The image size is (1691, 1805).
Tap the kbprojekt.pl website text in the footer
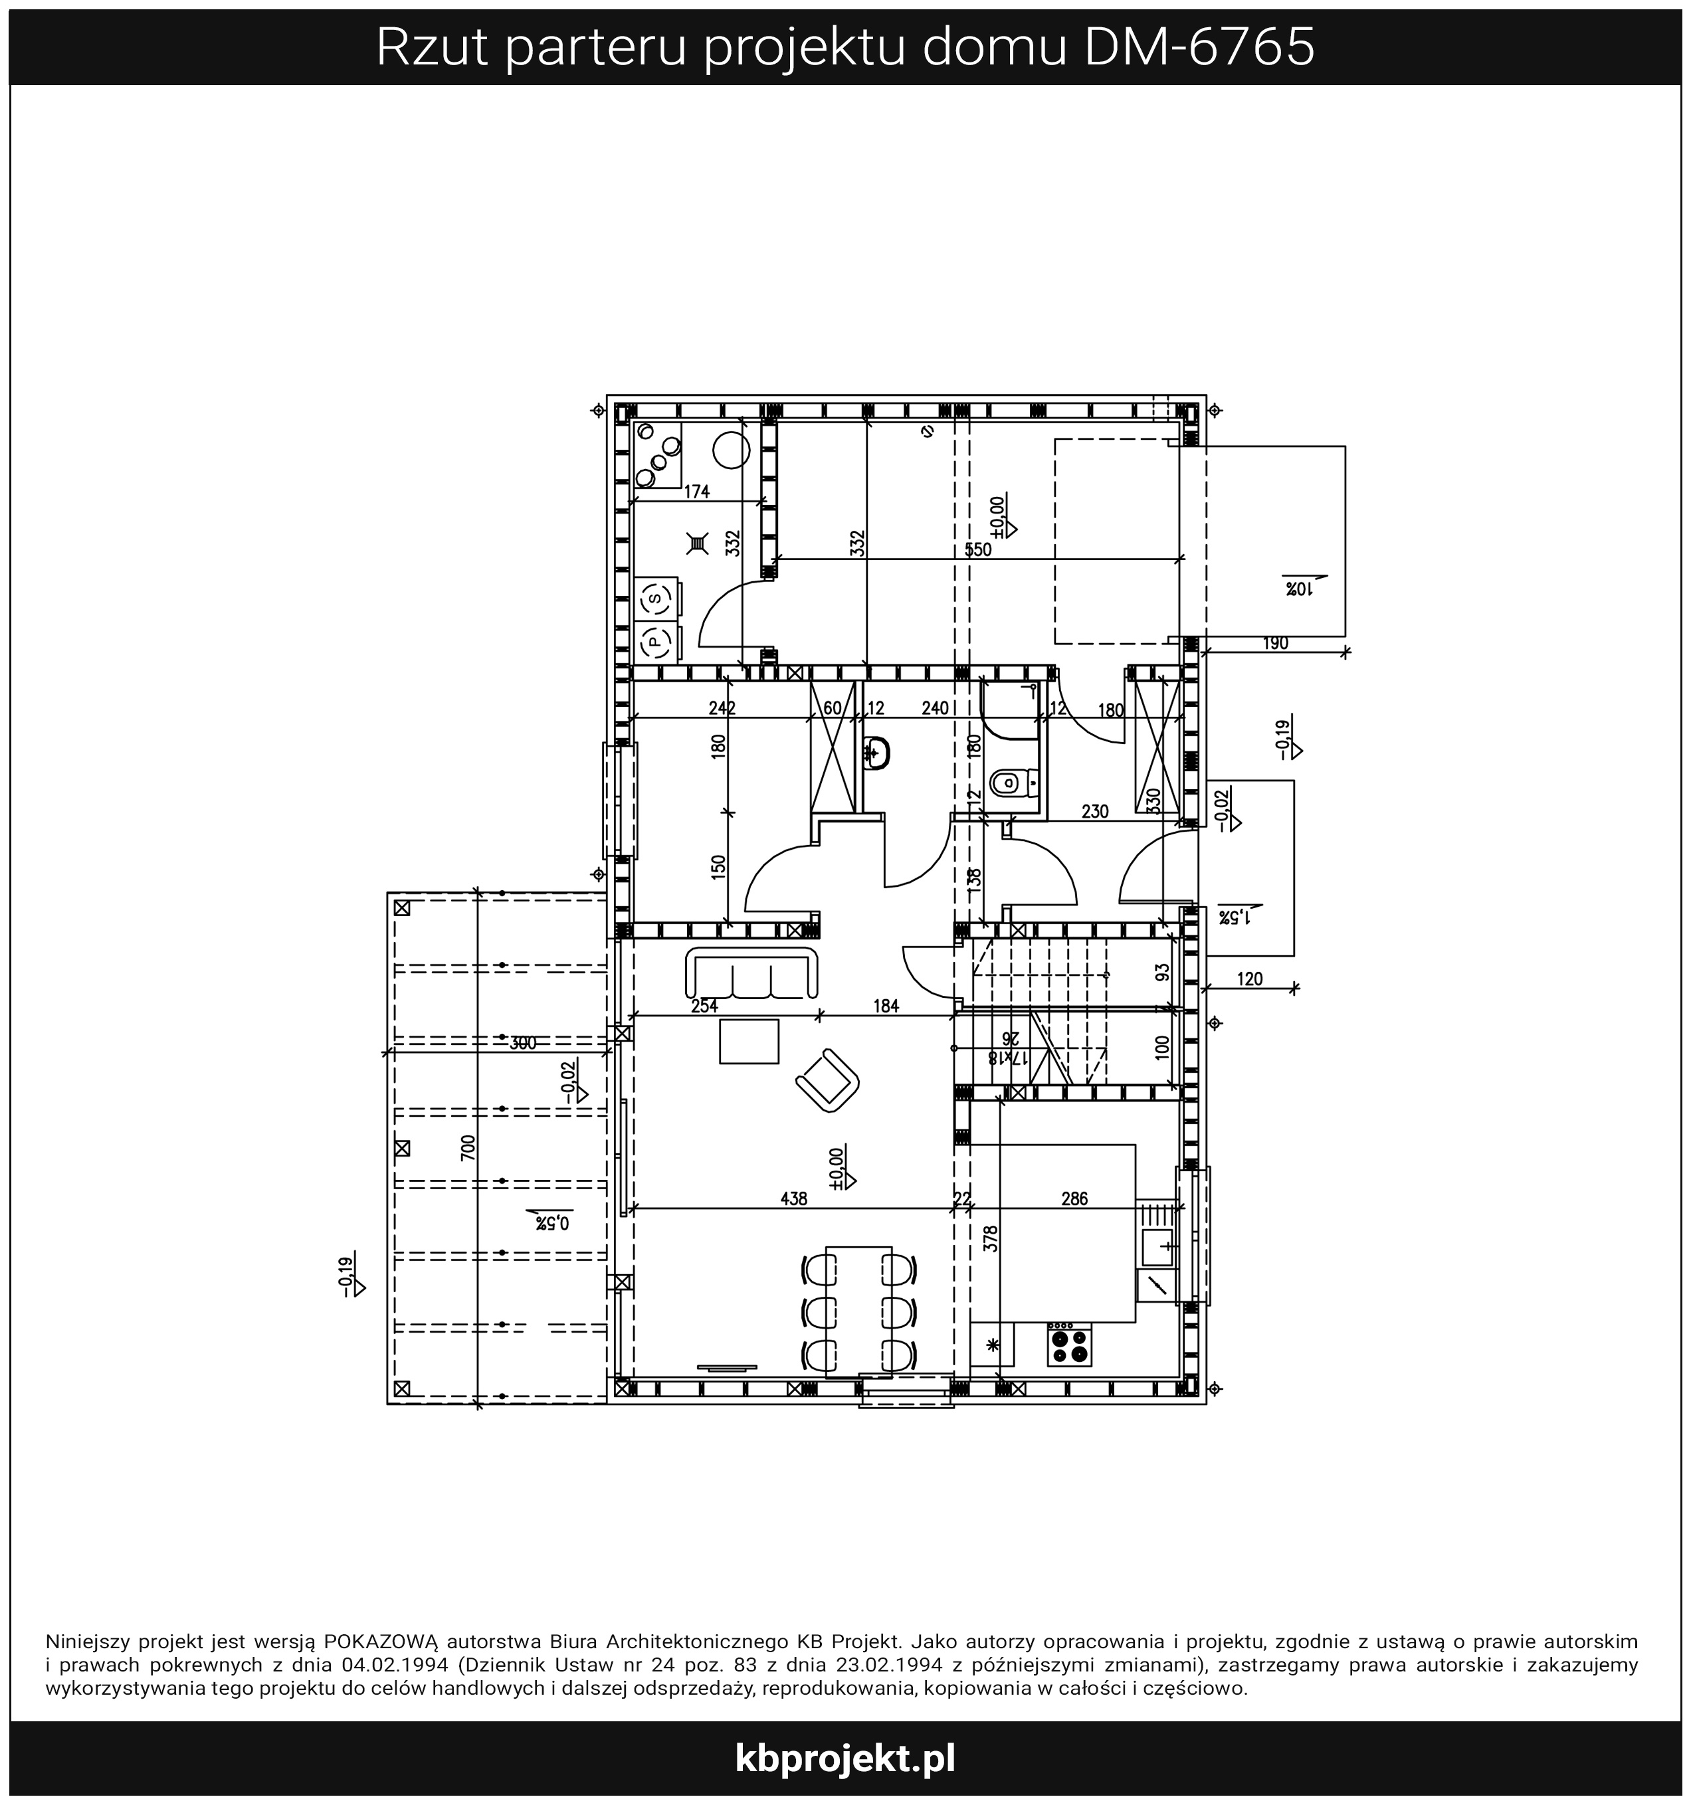click(845, 1758)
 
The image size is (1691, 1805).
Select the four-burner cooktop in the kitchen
click(1069, 1344)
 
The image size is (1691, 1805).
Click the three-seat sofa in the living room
click(753, 973)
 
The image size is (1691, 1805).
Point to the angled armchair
click(827, 1080)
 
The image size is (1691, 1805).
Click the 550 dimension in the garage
click(978, 549)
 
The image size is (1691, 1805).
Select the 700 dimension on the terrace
click(468, 1148)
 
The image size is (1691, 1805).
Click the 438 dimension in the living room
click(794, 1198)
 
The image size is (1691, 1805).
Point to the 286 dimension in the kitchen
click(1074, 1198)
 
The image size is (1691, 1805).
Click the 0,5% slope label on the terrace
click(551, 1223)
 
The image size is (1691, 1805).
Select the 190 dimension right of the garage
click(1275, 644)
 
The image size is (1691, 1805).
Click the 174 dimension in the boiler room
click(696, 492)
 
